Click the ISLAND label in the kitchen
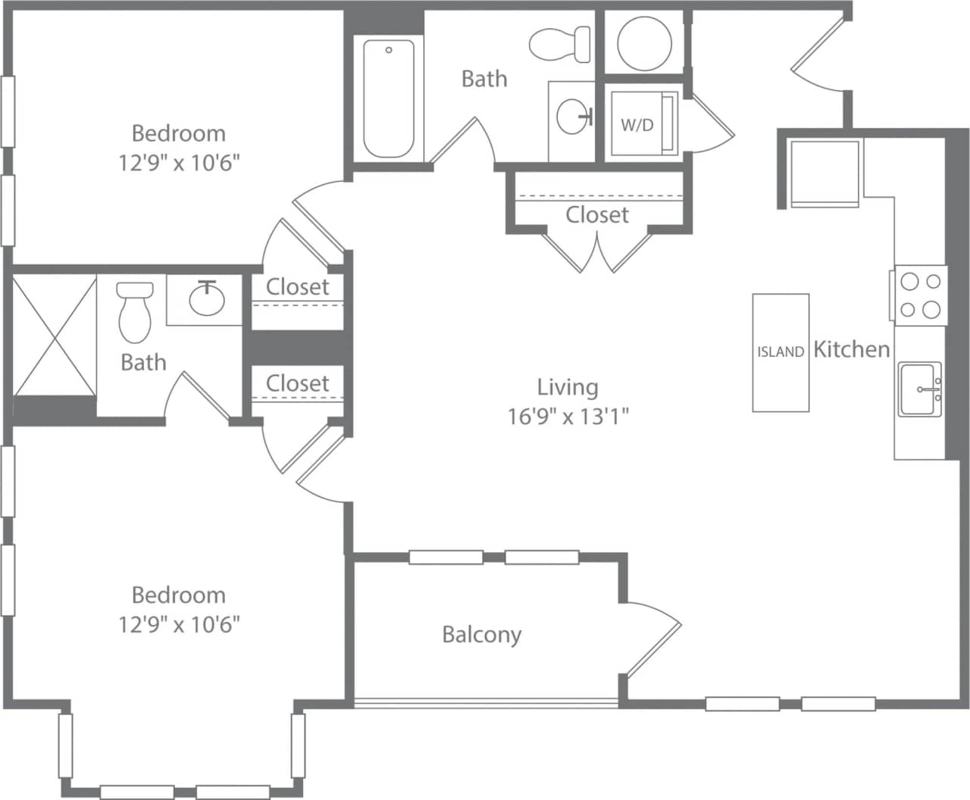[780, 352]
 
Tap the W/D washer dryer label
[637, 125]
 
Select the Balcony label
[481, 634]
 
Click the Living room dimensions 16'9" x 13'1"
[568, 416]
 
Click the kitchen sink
[920, 389]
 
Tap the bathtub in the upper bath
[388, 98]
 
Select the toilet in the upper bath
[561, 44]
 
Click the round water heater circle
[644, 42]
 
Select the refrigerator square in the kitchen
[824, 173]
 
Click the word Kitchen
[851, 349]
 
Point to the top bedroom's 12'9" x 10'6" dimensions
[179, 162]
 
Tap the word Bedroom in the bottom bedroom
[179, 595]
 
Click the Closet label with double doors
[597, 215]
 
